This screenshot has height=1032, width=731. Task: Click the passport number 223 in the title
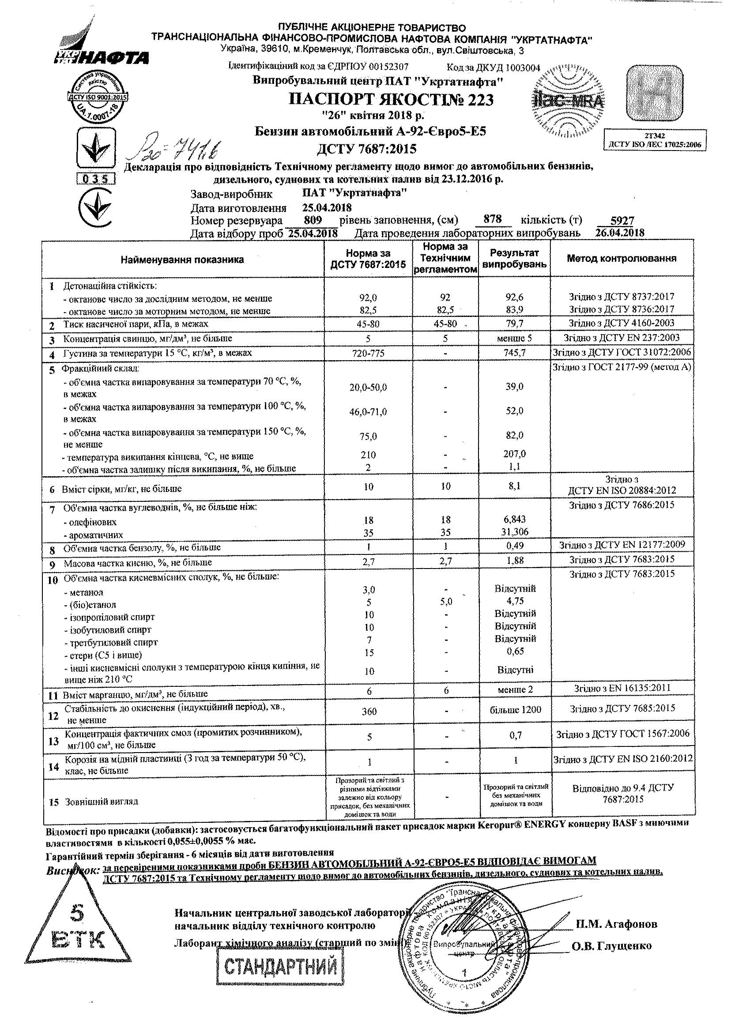click(x=479, y=100)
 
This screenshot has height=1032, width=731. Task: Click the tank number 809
click(x=313, y=220)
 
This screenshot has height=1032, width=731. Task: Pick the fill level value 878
click(x=493, y=220)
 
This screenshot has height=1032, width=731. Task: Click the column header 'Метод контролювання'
click(x=621, y=258)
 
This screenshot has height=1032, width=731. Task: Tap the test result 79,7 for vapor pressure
click(x=515, y=324)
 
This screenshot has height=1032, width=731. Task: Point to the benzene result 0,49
click(x=515, y=546)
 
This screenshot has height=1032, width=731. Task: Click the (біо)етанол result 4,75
click(x=515, y=601)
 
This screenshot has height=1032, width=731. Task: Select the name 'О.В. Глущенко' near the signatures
click(x=612, y=945)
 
